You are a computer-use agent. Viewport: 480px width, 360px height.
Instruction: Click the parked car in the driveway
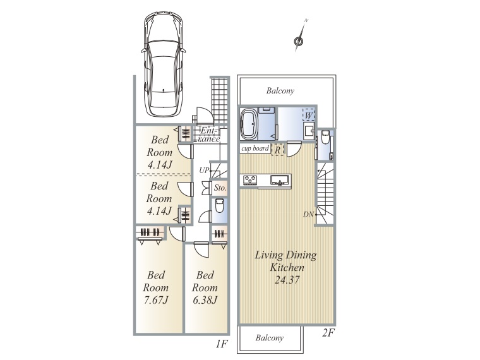[x=163, y=64]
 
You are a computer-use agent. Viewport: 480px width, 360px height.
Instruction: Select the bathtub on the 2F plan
[x=250, y=124]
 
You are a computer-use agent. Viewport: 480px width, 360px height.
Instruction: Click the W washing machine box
[x=309, y=116]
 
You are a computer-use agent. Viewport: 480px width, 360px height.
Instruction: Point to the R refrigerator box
[x=278, y=150]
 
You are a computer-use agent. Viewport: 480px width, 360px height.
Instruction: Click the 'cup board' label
[x=255, y=149]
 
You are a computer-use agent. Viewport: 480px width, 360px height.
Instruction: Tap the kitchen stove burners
[x=251, y=180]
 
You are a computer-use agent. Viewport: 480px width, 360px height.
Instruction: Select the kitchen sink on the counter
[x=280, y=180]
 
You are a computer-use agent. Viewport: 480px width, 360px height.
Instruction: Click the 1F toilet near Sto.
[x=219, y=206]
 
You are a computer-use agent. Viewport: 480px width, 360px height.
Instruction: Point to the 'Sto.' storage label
[x=220, y=188]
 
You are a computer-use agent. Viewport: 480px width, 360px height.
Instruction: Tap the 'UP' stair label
[x=204, y=170]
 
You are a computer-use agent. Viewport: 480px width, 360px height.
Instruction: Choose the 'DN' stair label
[x=309, y=215]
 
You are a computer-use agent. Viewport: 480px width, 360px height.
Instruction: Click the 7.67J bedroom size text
[x=156, y=300]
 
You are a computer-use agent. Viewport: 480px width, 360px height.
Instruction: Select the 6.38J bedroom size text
[x=205, y=300]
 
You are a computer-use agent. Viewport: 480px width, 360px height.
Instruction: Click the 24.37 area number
[x=287, y=280]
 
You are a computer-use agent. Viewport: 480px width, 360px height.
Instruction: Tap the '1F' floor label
[x=222, y=344]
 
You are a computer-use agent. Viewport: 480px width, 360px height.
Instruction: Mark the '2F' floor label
[x=328, y=333]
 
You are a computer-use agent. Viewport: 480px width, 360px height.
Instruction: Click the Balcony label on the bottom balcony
[x=270, y=338]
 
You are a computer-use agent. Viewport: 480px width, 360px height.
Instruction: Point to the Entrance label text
[x=210, y=135]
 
